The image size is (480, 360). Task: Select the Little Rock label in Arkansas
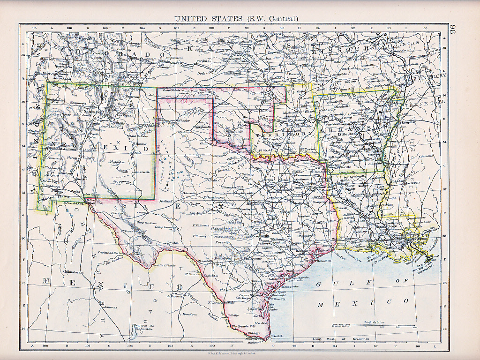coord(349,134)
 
